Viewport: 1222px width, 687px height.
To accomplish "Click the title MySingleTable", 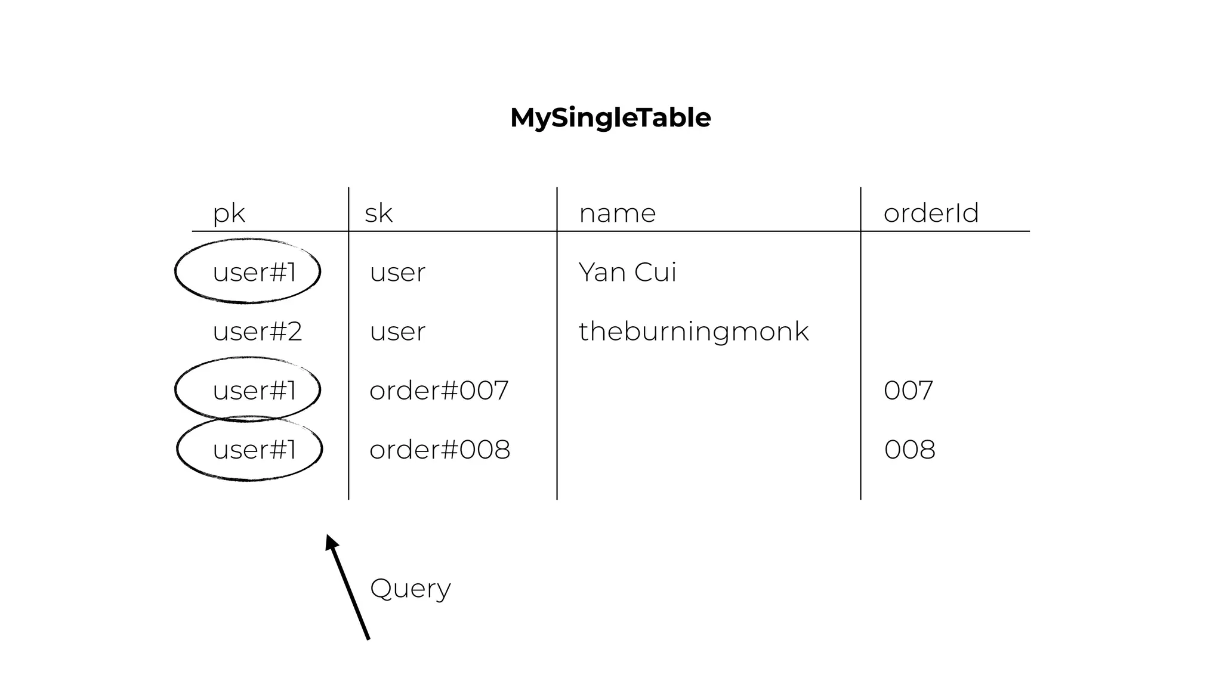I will (x=610, y=117).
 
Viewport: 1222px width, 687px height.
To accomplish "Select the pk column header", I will (x=229, y=213).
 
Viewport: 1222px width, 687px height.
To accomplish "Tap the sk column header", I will (x=378, y=213).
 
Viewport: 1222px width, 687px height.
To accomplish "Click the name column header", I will (x=617, y=213).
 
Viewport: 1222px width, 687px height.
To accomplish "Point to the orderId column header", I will (x=931, y=213).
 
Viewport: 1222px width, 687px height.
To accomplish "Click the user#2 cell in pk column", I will (x=257, y=331).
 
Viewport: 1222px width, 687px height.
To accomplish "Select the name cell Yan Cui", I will (x=627, y=272).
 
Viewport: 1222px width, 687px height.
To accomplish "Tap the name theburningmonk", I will (x=693, y=331).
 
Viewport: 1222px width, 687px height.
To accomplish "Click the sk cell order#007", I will (x=439, y=391).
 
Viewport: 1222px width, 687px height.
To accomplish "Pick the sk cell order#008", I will (x=440, y=450).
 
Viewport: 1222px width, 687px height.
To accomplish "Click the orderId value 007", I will (x=908, y=391).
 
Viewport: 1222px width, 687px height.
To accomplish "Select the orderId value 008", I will (x=909, y=450).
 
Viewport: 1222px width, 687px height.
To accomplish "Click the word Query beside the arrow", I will (x=410, y=589).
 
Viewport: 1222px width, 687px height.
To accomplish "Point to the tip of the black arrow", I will (x=328, y=537).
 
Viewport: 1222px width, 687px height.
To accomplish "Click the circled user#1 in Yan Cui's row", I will (x=254, y=272).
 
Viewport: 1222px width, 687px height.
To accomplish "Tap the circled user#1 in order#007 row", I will (x=254, y=391).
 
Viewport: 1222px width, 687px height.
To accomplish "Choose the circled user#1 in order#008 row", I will (x=254, y=450).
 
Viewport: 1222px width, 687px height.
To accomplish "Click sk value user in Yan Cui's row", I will (x=397, y=273).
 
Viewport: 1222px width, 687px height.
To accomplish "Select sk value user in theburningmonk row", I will (x=397, y=332).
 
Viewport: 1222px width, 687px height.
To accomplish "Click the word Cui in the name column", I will (x=655, y=272).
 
